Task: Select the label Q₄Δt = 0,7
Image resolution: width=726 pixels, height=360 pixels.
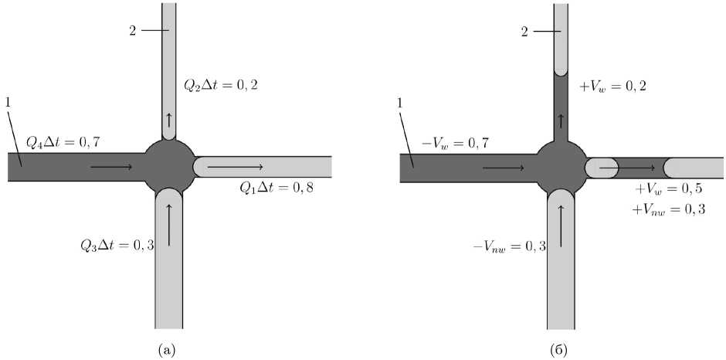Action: (63, 144)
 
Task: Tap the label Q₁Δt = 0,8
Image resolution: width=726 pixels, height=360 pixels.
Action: (276, 188)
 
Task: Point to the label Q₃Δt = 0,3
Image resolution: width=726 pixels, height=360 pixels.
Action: (117, 245)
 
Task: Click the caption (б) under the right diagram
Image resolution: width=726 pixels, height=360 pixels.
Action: (560, 348)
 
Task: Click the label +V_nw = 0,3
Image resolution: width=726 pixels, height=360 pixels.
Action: (668, 209)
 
